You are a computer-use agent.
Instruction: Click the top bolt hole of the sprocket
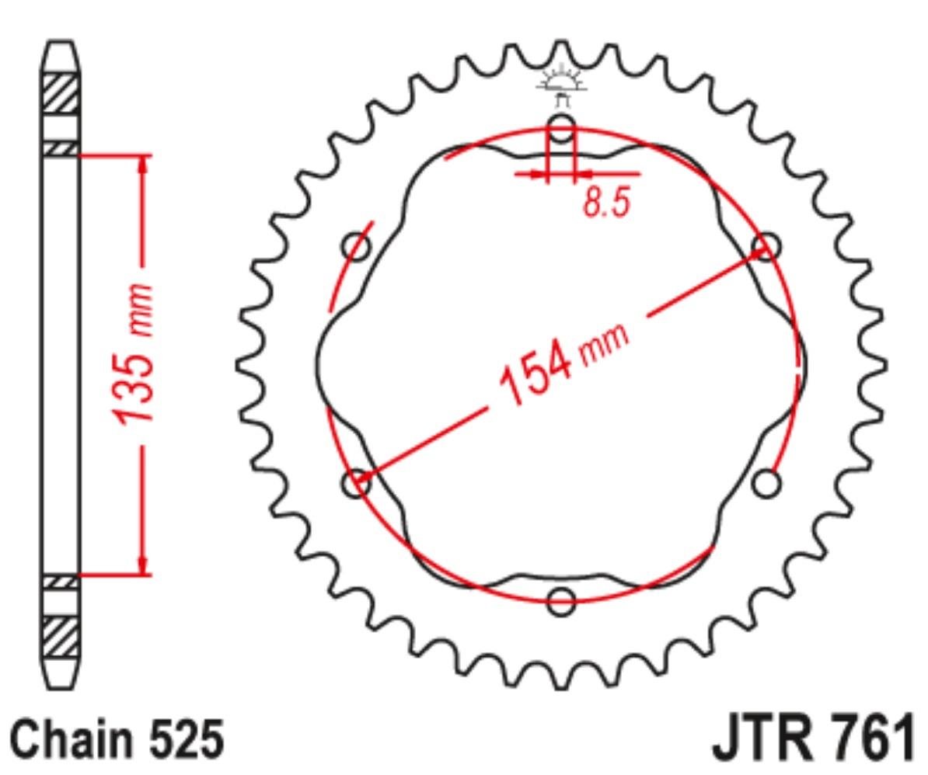(561, 128)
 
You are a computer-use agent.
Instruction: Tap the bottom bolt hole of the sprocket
(561, 602)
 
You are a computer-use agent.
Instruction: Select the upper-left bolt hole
(356, 246)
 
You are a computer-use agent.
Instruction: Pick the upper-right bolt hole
(766, 246)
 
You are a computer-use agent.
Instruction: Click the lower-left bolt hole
(356, 483)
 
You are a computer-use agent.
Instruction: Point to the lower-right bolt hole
(766, 483)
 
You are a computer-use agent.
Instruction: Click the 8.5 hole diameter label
(607, 202)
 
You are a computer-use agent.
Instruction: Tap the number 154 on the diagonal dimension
(536, 376)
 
